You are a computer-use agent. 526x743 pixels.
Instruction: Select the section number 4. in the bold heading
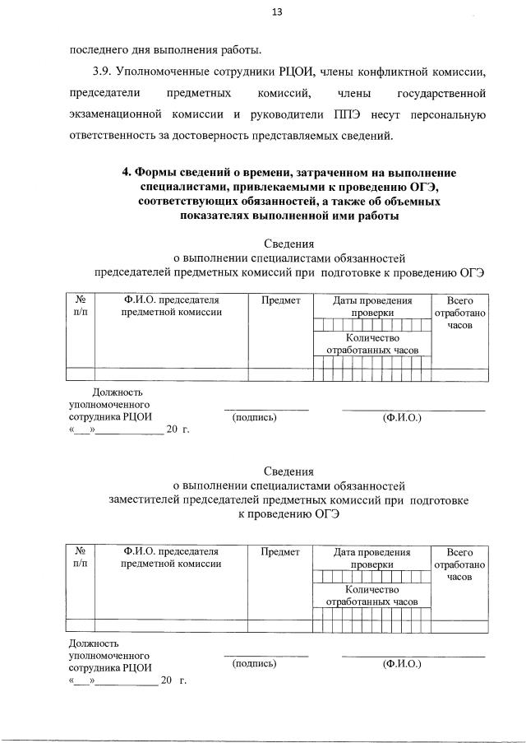(127, 173)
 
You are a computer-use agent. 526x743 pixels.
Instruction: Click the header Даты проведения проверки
(372, 307)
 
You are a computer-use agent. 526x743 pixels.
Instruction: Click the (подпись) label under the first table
(255, 417)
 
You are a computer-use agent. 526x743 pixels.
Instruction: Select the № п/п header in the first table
(81, 307)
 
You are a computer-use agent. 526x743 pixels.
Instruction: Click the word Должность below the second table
(95, 642)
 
